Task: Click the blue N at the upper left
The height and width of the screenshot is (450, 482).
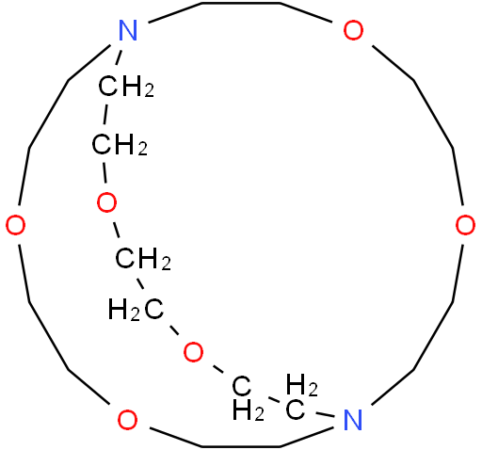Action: pyautogui.click(x=128, y=30)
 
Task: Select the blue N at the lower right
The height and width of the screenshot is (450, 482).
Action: pyautogui.click(x=353, y=420)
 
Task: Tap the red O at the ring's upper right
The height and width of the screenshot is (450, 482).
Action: pyautogui.click(x=353, y=30)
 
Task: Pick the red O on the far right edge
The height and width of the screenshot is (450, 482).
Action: pyautogui.click(x=465, y=225)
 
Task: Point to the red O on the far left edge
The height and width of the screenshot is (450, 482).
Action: pyautogui.click(x=16, y=225)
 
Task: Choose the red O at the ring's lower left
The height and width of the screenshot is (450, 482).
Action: pyautogui.click(x=127, y=420)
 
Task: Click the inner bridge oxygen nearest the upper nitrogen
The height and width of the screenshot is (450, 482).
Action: pyautogui.click(x=106, y=202)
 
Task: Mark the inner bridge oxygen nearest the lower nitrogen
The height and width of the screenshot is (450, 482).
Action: pyautogui.click(x=193, y=352)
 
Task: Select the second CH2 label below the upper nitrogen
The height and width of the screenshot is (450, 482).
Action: pyautogui.click(x=120, y=144)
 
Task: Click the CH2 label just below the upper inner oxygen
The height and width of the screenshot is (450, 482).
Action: pyautogui.click(x=143, y=259)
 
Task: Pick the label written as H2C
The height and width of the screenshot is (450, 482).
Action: pyautogui.click(x=136, y=310)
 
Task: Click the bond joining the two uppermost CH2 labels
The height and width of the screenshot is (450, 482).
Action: pyautogui.click(x=105, y=116)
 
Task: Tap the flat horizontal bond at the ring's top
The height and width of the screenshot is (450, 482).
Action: pyautogui.click(x=241, y=3)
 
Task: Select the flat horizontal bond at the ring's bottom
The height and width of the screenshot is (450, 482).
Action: pyautogui.click(x=241, y=446)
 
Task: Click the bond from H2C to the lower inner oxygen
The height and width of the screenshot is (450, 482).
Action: pyautogui.click(x=174, y=330)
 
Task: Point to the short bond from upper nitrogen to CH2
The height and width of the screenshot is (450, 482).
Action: pyautogui.click(x=119, y=57)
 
